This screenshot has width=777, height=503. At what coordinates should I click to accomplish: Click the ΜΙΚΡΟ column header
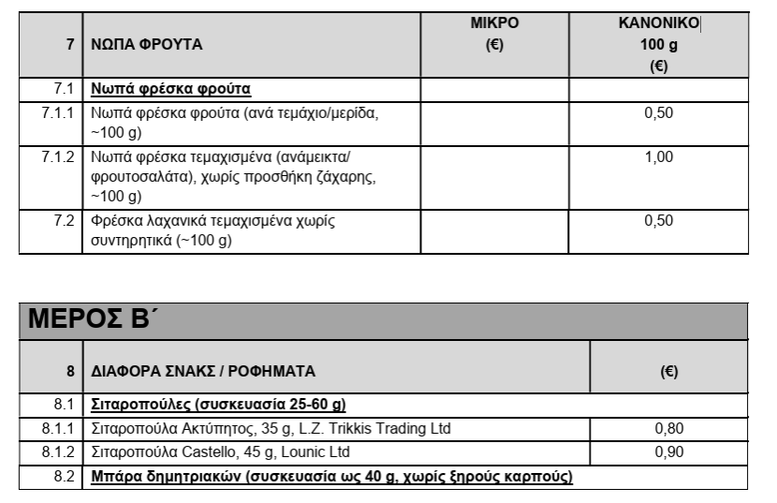[x=495, y=22]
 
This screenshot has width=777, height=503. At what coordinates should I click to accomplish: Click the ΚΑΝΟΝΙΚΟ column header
[x=658, y=22]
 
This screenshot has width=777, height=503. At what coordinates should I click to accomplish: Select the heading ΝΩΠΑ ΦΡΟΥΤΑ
[x=146, y=44]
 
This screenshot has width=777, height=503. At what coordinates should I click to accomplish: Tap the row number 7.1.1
[x=57, y=112]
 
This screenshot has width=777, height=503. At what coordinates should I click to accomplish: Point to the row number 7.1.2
[x=57, y=156]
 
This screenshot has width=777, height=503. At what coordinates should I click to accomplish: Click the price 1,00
[x=658, y=156]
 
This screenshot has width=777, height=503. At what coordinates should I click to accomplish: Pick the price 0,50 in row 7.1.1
[x=658, y=112]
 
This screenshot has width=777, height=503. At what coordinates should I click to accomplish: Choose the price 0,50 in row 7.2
[x=658, y=221]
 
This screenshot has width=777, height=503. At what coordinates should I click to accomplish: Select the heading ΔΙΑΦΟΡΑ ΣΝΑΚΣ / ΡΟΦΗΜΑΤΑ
[x=203, y=371]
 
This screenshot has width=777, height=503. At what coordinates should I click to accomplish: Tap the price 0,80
[x=669, y=429]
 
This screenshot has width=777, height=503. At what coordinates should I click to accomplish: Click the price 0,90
[x=669, y=452]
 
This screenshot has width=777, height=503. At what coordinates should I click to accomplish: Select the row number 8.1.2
[x=57, y=452]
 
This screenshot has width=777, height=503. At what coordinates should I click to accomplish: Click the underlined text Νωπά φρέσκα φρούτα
[x=170, y=90]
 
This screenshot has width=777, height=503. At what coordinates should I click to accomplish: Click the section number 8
[x=70, y=371]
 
